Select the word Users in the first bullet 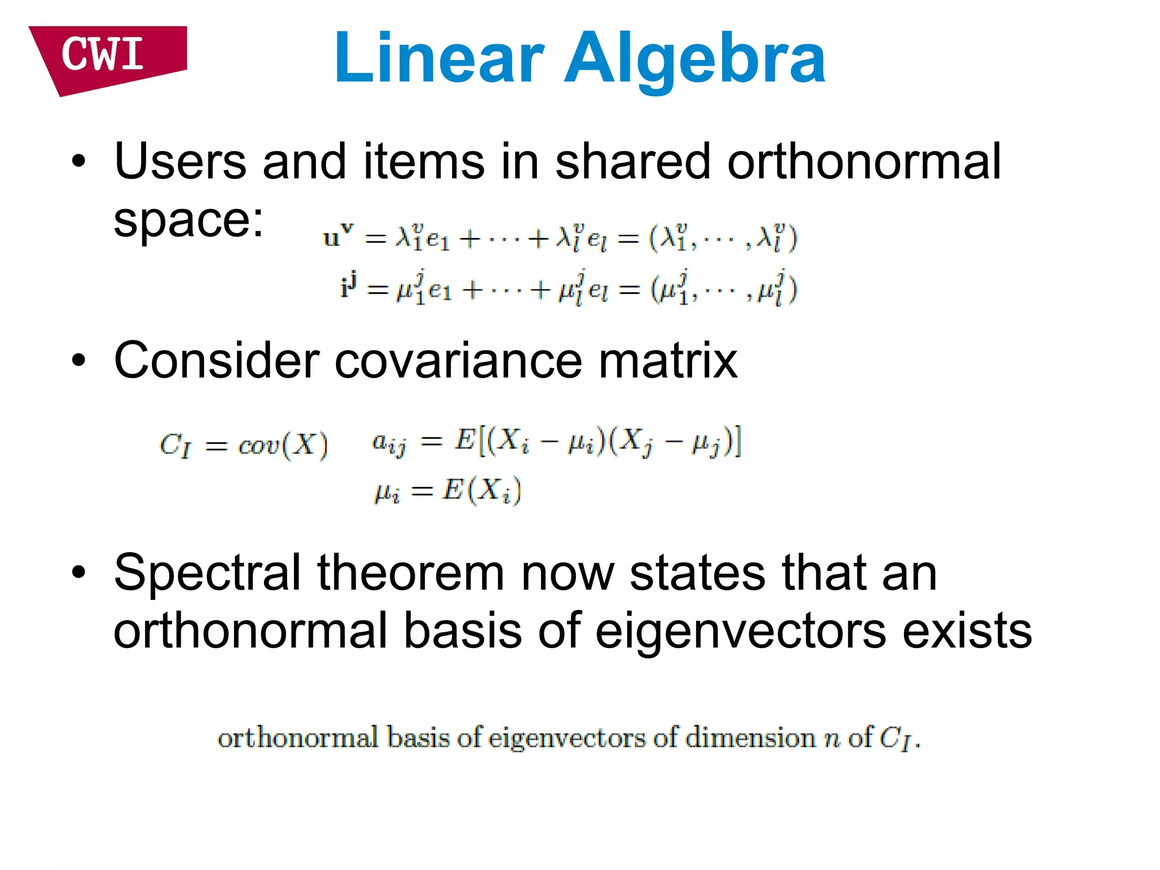click(x=180, y=162)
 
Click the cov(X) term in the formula click(x=283, y=445)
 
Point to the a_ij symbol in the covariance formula click(x=389, y=443)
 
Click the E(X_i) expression click(x=481, y=491)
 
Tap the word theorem click(x=411, y=573)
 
